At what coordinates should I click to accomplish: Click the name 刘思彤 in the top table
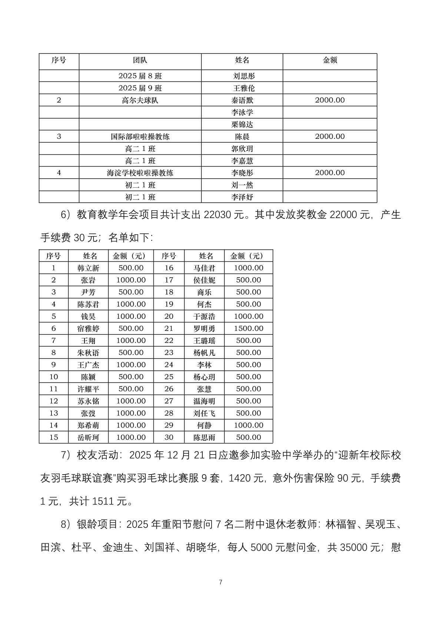click(x=244, y=76)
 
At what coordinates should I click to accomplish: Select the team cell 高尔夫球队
click(x=140, y=100)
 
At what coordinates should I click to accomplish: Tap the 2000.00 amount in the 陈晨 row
click(x=330, y=137)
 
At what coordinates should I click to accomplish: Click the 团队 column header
click(x=140, y=60)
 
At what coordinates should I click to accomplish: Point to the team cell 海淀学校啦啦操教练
click(x=140, y=173)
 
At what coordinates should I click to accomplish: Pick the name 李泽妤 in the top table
click(x=242, y=197)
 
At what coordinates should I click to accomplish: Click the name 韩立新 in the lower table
click(x=88, y=268)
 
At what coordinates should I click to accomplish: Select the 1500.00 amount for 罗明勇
click(x=248, y=328)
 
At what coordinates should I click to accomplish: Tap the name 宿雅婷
click(x=88, y=328)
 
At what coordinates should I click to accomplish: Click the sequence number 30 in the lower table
click(x=169, y=437)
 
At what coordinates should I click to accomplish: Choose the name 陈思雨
click(x=204, y=437)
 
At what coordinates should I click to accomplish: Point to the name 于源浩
click(x=204, y=316)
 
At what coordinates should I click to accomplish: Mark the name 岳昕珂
click(x=88, y=437)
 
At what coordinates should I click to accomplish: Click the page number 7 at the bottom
click(x=220, y=582)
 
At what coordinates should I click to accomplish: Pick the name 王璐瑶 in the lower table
click(x=204, y=341)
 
